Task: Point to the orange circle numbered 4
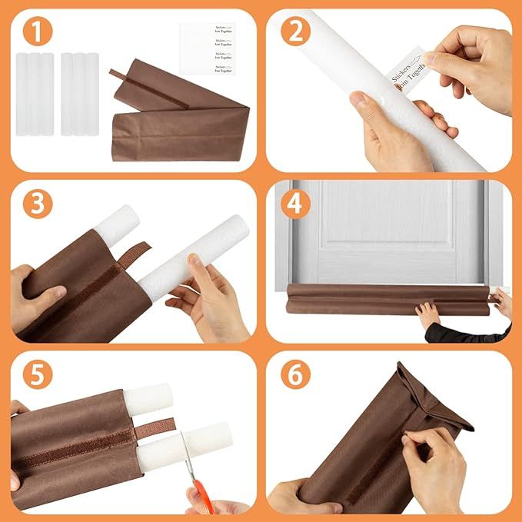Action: pos(297,204)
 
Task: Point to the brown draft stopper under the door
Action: pos(384,298)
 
